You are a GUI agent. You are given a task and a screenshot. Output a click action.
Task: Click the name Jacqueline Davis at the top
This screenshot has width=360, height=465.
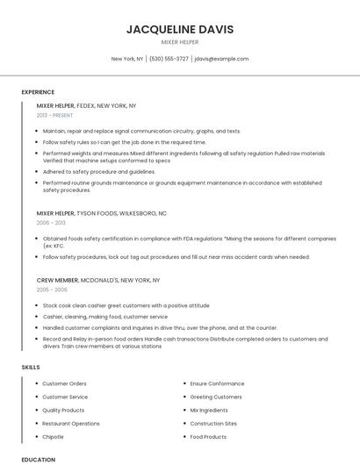pos(180,29)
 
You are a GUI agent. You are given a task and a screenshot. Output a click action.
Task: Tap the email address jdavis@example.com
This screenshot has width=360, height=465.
pos(221,59)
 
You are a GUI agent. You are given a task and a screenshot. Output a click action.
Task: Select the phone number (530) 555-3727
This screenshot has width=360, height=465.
pos(169,59)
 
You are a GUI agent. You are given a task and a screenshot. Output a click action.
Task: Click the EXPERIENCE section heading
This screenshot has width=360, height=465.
pos(38,92)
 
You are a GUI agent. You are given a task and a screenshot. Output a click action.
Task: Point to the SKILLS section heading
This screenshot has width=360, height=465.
pos(30,367)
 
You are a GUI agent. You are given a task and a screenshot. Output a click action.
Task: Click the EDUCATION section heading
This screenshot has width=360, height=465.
pos(38,459)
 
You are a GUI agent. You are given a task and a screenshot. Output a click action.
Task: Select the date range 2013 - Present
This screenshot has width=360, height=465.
pos(54,115)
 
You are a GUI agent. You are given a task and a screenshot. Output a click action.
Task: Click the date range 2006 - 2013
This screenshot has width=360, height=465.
pos(51,223)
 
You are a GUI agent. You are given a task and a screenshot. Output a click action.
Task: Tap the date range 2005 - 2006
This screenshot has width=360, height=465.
pos(52,290)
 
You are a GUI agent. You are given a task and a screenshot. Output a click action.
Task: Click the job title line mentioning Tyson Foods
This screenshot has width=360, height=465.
pos(101,213)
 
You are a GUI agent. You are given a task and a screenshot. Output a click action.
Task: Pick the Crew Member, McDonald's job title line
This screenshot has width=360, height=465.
pos(97,280)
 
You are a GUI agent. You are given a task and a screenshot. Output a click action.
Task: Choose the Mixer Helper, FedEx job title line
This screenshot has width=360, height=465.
pos(86,105)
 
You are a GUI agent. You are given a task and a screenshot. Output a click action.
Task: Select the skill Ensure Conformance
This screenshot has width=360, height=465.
pos(217,383)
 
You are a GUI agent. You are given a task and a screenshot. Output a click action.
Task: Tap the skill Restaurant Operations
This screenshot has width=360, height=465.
pos(71,423)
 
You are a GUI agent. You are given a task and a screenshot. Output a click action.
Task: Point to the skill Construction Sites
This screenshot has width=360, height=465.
pos(213,423)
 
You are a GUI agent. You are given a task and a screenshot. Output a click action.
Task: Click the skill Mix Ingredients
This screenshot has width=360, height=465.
pos(209,410)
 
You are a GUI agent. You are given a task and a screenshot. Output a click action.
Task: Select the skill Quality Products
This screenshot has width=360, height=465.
pos(63,410)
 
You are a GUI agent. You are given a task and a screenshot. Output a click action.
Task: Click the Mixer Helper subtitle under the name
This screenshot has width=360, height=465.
pos(180,42)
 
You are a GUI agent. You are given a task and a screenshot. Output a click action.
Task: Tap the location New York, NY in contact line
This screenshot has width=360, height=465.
pos(127,59)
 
